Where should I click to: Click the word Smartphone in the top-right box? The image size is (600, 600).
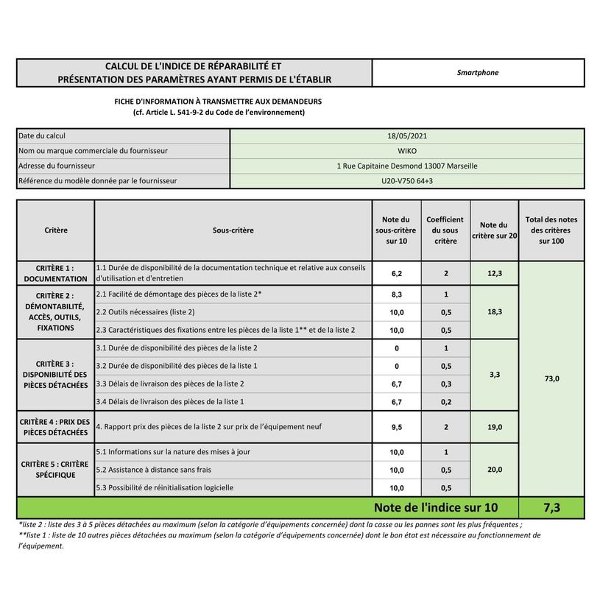click(477, 73)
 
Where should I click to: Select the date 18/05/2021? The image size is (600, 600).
click(406, 136)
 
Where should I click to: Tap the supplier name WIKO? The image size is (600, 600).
click(406, 151)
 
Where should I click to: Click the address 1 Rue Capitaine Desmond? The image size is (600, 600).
click(406, 166)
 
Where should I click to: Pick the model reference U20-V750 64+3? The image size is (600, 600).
click(406, 180)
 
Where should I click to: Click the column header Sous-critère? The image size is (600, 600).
click(233, 230)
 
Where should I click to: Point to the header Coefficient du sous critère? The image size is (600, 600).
click(445, 230)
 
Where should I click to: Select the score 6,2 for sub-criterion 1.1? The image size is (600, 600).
click(396, 273)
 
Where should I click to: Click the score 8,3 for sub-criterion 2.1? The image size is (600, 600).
click(396, 294)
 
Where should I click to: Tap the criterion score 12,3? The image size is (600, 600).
click(494, 273)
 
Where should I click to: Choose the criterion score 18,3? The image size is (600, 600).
click(494, 312)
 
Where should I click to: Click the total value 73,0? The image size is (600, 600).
click(551, 378)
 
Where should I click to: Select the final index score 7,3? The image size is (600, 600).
click(551, 507)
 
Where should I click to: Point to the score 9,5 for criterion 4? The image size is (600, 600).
click(396, 427)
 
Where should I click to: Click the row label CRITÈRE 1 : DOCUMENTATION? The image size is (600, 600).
click(55, 274)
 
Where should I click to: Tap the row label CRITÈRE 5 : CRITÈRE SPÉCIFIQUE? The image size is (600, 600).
click(55, 470)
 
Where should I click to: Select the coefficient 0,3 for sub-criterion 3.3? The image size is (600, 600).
click(445, 384)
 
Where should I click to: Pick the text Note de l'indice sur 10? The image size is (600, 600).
click(435, 507)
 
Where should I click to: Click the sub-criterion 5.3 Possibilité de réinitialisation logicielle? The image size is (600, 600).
click(165, 487)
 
